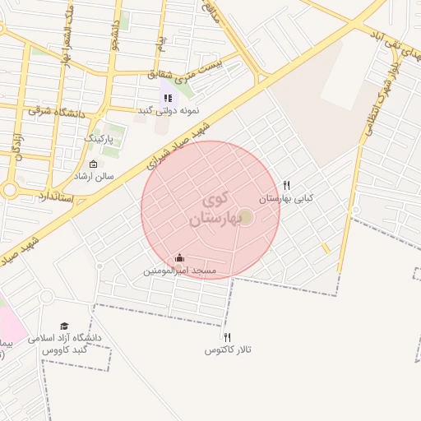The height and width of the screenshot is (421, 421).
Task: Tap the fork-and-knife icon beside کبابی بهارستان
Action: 286,186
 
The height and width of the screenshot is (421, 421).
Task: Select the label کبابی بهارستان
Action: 286,199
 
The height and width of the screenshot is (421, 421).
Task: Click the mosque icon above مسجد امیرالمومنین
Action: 179,258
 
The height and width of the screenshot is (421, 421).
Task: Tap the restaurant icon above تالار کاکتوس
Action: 227,337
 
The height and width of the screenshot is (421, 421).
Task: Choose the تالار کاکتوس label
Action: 227,350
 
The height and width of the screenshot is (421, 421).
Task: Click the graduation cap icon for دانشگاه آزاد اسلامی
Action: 64,326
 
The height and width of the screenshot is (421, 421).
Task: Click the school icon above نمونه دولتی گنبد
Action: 168,98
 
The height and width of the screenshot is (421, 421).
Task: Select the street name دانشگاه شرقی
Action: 58,109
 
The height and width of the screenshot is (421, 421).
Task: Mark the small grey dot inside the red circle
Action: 245,216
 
